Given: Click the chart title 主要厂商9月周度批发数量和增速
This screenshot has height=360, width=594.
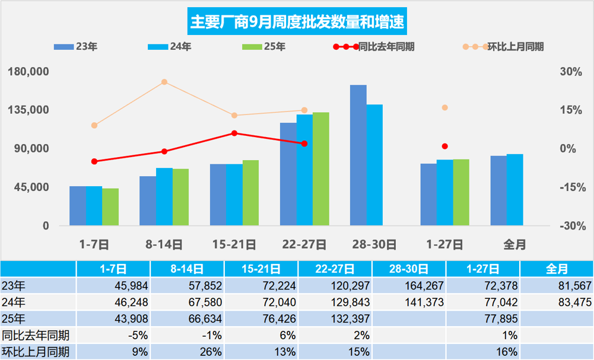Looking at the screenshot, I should [297, 23].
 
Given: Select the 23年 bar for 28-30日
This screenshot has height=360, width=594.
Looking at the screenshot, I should [358, 155].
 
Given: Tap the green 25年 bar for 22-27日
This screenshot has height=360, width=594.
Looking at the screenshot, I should [321, 169].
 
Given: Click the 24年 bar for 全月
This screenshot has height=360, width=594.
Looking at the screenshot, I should [514, 190].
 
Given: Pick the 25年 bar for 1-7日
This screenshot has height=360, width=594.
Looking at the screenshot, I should [110, 207].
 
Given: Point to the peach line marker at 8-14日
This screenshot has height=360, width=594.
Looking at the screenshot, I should [164, 82].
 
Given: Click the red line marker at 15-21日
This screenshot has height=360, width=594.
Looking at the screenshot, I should [234, 133].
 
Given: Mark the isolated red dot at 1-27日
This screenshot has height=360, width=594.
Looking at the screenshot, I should [444, 146].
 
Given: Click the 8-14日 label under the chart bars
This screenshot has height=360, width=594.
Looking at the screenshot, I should [164, 244].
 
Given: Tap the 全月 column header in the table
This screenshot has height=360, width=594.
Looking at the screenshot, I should [557, 269].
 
